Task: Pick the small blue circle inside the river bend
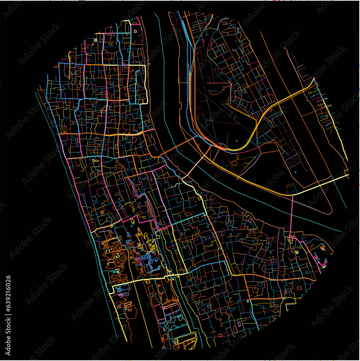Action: (x=237, y=141)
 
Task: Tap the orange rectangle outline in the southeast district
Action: (x=299, y=288)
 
